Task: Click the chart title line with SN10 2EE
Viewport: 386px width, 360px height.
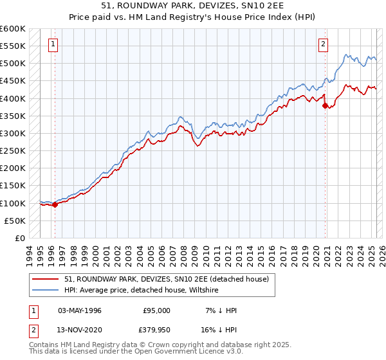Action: click(x=194, y=5)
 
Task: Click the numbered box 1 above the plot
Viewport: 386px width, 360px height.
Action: click(x=52, y=44)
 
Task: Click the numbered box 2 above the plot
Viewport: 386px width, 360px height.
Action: click(x=322, y=44)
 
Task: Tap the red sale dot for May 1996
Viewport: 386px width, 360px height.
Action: click(x=55, y=205)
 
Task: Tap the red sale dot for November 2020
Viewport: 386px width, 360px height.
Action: click(x=325, y=105)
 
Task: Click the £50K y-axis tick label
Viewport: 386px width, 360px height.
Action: click(x=15, y=221)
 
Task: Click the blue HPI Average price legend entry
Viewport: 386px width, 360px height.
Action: click(x=142, y=290)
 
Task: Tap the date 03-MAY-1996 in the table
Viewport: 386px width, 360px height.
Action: click(x=80, y=310)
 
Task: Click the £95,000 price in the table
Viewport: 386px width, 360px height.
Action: click(x=156, y=310)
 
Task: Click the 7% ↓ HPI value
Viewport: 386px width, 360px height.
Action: click(x=221, y=310)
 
